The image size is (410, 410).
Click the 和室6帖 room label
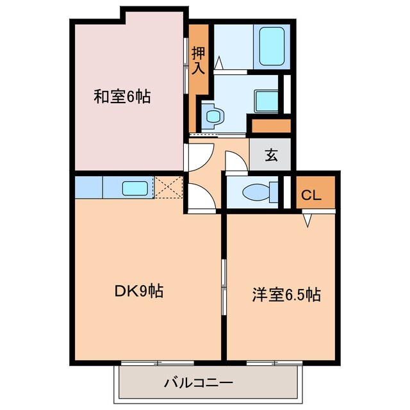122,97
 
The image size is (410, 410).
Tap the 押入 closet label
199,59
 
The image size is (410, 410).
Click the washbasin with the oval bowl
213,116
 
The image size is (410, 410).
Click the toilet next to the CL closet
260,192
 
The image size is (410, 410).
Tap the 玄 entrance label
271,155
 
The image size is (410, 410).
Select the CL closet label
311,195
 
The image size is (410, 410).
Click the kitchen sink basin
135,188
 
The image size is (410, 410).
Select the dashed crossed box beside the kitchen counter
168,188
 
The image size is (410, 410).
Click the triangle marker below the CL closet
307,220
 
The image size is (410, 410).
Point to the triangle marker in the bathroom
218,63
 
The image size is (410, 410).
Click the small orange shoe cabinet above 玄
271,126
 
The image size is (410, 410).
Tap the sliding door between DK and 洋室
224,287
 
